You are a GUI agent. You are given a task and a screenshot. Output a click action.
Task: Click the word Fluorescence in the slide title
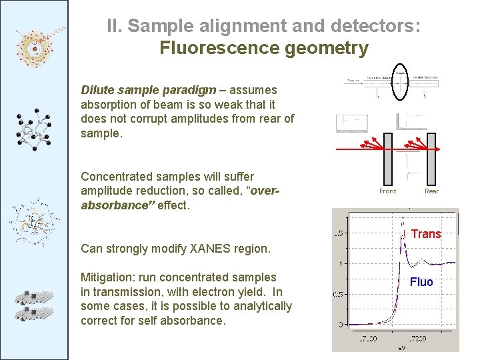(214, 48)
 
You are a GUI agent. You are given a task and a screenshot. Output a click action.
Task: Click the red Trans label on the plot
(426, 234)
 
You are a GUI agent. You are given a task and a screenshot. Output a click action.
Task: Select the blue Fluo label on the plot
(421, 282)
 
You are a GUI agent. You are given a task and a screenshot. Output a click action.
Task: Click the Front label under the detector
(387, 191)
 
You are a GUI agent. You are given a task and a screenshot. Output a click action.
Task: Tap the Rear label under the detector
(431, 191)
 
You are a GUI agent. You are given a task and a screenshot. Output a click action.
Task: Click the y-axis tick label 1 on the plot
(340, 264)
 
